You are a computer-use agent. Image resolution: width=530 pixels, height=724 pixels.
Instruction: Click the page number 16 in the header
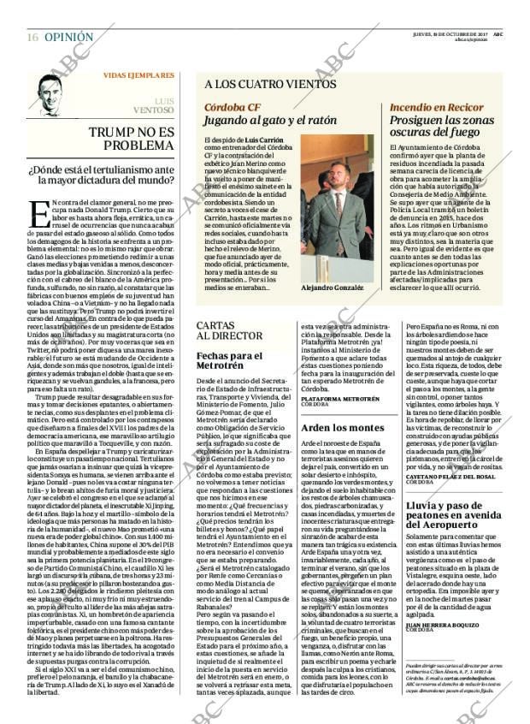tap(32, 38)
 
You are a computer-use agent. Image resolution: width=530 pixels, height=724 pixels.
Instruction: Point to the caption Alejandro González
tap(333, 288)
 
